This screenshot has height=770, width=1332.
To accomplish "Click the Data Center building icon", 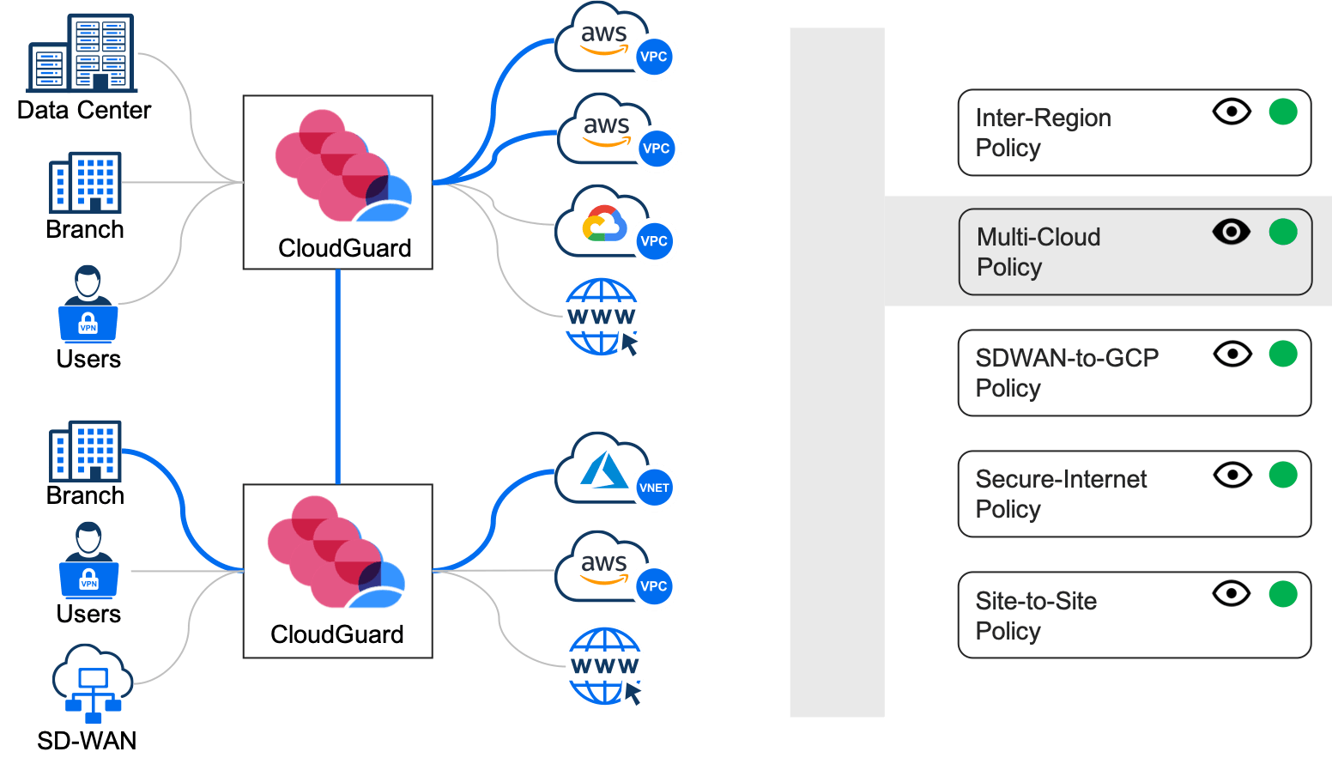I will click(82, 53).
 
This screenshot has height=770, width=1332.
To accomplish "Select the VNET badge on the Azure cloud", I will click(654, 488).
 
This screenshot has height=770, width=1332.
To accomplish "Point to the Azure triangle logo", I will click(603, 470).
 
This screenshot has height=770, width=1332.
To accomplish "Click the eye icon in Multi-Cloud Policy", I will click(1232, 232).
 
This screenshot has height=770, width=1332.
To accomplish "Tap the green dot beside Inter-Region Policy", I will click(1283, 112).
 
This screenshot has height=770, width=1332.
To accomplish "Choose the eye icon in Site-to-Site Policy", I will click(1232, 593).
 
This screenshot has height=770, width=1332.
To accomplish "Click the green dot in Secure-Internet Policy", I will click(1283, 474).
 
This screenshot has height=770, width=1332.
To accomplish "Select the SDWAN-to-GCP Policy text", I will click(1067, 373).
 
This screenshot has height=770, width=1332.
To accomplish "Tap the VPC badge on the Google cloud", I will click(654, 241).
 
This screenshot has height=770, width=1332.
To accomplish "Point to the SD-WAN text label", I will click(87, 741).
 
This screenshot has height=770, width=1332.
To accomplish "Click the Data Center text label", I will click(84, 111).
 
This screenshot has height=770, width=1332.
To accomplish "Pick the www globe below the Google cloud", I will click(602, 316).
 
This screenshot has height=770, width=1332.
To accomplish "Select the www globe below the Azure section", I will click(605, 666).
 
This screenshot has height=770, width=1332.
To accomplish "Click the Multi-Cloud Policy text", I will click(1038, 252).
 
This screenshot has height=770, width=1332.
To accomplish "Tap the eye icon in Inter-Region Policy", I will click(1232, 112).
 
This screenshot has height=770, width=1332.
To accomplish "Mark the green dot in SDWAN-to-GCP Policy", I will click(1283, 353).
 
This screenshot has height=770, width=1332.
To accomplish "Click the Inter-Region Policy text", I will click(1043, 132).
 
